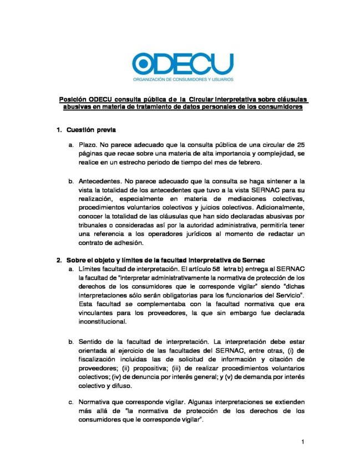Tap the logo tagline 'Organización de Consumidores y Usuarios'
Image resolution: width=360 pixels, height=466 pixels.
pyautogui.click(x=184, y=80)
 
